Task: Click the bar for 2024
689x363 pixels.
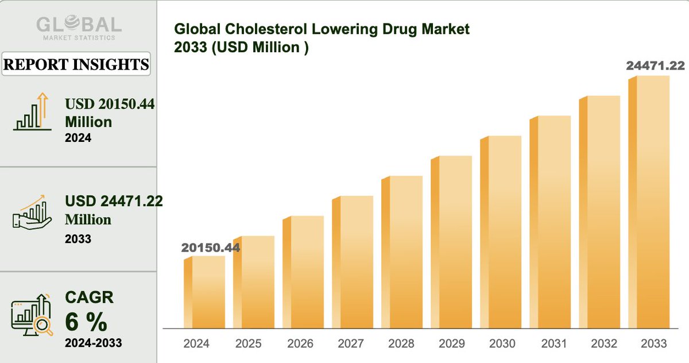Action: (204, 292)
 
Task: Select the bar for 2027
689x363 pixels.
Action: (353, 262)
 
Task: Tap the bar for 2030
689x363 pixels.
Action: (501, 232)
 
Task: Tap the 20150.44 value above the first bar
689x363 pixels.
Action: (210, 248)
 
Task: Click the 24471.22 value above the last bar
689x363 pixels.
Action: (655, 66)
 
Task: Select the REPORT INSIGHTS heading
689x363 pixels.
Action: (76, 64)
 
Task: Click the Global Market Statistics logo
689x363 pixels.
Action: (79, 27)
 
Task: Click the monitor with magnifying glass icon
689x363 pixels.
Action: (32, 315)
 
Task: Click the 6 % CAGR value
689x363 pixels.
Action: (86, 323)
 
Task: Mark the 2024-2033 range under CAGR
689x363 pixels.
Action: (93, 343)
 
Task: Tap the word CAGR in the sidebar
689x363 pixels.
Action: (88, 298)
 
